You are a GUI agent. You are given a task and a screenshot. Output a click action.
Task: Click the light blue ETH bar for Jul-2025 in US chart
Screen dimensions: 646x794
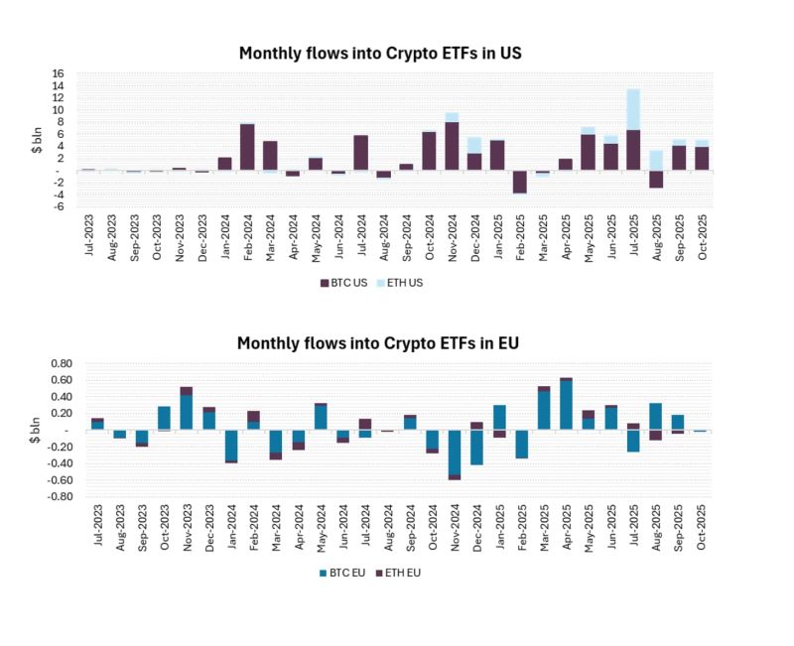pos(633,109)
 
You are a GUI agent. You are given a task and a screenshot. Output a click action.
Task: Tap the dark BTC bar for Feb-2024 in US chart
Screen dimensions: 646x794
pos(247,147)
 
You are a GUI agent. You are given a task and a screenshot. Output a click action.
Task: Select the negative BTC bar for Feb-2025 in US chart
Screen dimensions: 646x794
pos(519,182)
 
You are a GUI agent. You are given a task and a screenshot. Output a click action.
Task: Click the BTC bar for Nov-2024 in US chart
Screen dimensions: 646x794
pos(452,146)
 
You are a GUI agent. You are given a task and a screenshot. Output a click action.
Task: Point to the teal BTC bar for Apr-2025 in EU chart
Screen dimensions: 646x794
pos(566,405)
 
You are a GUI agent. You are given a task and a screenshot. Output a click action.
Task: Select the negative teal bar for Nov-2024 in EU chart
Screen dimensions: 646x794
pos(453,452)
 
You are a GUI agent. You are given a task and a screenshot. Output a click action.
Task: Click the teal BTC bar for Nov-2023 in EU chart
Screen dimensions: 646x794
pos(187,413)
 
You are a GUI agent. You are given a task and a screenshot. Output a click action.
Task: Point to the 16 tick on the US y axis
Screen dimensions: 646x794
pos(58,73)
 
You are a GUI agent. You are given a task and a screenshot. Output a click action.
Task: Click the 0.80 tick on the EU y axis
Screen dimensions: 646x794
pos(51,363)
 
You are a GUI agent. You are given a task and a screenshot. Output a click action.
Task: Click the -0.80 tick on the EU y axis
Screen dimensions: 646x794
pos(49,496)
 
